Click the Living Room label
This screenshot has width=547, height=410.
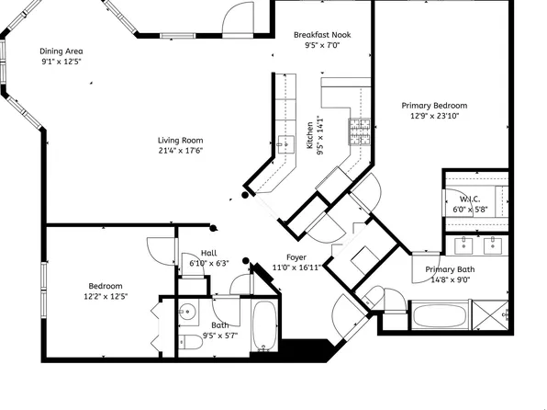coord(179,140)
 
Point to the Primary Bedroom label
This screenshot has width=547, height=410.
coord(434,106)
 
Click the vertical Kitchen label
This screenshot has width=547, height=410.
coord(310,135)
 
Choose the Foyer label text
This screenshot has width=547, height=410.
coord(296,258)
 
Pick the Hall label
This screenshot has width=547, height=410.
coord(208,253)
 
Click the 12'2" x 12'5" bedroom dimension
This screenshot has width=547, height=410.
coord(106,297)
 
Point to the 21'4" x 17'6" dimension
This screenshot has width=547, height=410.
coord(179,151)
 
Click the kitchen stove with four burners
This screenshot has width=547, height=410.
coord(358,133)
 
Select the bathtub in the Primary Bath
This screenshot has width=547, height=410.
coord(439,318)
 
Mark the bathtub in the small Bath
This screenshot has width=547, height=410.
coord(264,327)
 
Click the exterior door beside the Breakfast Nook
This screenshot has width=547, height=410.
coord(240,16)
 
